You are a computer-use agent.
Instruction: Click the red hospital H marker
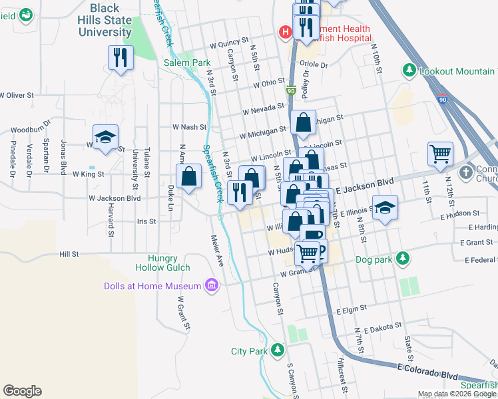point(285,31)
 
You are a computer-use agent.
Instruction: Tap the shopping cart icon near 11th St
point(440,154)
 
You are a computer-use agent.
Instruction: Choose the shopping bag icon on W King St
point(189,177)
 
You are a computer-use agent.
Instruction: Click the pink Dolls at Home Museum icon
point(212,286)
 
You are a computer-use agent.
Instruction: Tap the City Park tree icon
point(277,350)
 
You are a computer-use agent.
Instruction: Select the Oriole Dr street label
point(314,65)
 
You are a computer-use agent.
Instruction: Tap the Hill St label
point(69,254)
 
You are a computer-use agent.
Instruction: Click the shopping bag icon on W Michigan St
point(302,122)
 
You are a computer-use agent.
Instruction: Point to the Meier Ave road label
point(218,248)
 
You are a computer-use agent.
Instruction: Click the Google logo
point(22,391)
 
